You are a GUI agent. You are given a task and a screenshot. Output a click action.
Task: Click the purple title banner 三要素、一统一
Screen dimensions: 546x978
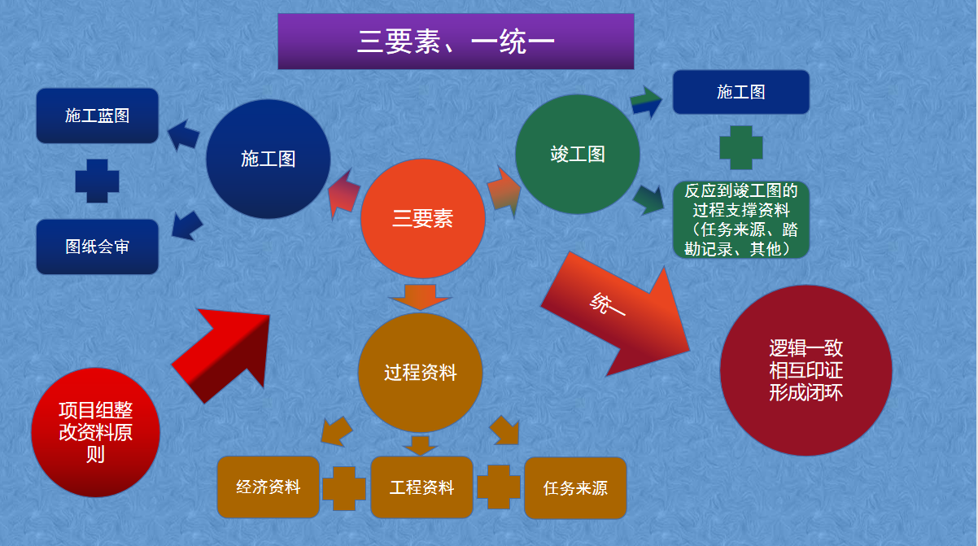456,41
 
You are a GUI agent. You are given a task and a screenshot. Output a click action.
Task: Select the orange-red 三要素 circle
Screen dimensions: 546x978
422,218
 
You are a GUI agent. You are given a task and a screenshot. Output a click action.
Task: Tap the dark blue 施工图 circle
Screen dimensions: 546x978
269,159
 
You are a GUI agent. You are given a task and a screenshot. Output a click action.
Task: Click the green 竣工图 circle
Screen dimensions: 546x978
578,154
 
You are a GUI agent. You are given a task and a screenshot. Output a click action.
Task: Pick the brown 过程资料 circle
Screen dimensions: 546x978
421,373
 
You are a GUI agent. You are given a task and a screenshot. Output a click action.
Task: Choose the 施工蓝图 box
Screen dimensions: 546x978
98,116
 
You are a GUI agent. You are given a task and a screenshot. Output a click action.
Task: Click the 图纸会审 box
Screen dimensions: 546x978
98,247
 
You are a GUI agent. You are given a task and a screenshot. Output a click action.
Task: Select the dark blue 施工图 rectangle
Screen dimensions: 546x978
740,92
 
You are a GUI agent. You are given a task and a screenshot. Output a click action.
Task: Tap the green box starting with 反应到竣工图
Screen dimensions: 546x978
740,220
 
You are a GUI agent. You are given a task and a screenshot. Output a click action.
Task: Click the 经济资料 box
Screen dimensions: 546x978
269,487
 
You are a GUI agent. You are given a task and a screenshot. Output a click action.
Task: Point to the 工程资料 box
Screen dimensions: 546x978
421,487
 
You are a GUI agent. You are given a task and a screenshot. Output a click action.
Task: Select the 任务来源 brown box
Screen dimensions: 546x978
575,488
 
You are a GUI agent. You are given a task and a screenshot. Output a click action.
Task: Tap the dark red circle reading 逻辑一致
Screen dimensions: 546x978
806,370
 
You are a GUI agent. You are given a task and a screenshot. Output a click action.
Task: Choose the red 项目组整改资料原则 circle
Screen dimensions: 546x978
96,432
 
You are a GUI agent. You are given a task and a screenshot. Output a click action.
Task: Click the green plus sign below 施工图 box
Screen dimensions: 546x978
741,147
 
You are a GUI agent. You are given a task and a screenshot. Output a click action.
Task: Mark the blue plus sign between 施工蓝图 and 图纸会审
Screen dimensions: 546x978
98,181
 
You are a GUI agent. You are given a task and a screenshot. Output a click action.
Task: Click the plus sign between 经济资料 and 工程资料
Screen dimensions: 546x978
344,487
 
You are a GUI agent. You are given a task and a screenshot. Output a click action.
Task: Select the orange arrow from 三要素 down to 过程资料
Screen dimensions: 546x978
421,295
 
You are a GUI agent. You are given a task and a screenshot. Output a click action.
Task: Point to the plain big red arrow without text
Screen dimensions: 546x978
224,352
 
